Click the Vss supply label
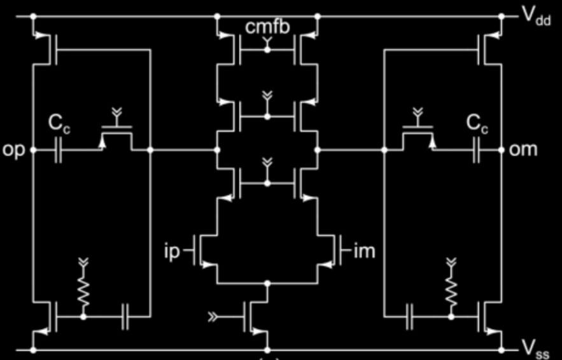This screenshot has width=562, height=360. (x=535, y=350)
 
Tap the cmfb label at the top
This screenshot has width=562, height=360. (x=267, y=27)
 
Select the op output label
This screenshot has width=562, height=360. (x=13, y=150)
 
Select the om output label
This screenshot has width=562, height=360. (x=523, y=149)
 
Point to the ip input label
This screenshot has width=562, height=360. (x=172, y=251)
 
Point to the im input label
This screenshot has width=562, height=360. (x=364, y=251)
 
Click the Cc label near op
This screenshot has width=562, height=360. (x=59, y=124)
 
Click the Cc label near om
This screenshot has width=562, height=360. (x=477, y=124)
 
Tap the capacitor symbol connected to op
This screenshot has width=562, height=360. (x=58, y=150)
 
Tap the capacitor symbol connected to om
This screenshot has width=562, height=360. (x=477, y=150)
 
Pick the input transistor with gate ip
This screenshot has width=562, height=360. (x=205, y=251)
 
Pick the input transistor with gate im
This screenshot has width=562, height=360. (x=330, y=251)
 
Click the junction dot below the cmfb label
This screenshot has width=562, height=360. (x=267, y=50)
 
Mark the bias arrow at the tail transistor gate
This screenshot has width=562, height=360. (x=213, y=317)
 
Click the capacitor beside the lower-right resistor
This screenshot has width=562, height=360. (x=410, y=317)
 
